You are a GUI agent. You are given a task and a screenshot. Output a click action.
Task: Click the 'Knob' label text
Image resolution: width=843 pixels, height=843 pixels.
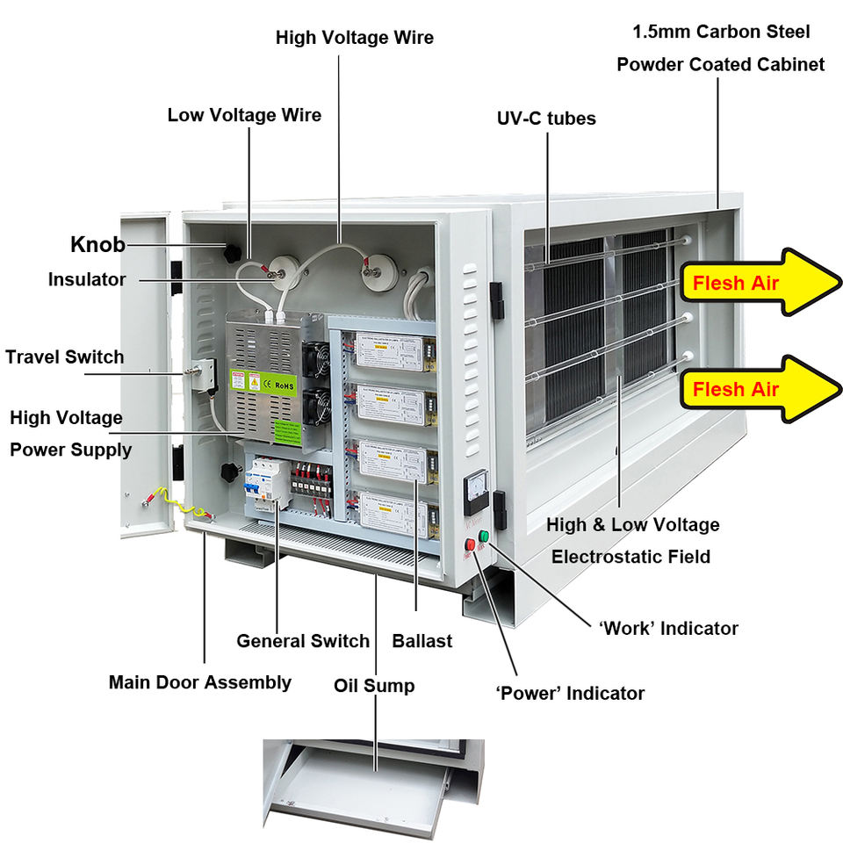point(97,244)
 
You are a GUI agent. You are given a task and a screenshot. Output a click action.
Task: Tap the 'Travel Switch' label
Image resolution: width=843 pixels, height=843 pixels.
point(64,357)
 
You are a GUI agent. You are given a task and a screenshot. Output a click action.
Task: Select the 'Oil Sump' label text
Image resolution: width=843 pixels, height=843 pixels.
point(375,685)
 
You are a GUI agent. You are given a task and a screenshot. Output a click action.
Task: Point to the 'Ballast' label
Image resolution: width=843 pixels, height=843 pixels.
point(422,641)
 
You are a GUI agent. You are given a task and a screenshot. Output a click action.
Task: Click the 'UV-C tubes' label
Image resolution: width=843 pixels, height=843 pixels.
point(545,119)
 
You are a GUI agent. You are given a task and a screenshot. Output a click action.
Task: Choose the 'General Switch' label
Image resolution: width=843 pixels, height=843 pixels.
point(303,641)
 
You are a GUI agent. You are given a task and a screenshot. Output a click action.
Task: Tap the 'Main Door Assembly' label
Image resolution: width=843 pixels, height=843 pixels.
point(200,682)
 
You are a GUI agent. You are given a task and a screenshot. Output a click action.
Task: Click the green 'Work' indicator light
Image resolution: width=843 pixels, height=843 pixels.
point(483,535)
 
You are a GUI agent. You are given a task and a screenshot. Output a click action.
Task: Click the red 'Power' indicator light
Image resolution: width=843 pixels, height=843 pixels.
point(470,545)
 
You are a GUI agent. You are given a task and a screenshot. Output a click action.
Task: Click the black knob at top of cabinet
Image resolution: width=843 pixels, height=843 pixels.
point(232,254)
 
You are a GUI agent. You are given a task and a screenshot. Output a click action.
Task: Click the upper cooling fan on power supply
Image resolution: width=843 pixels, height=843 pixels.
point(316,357)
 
